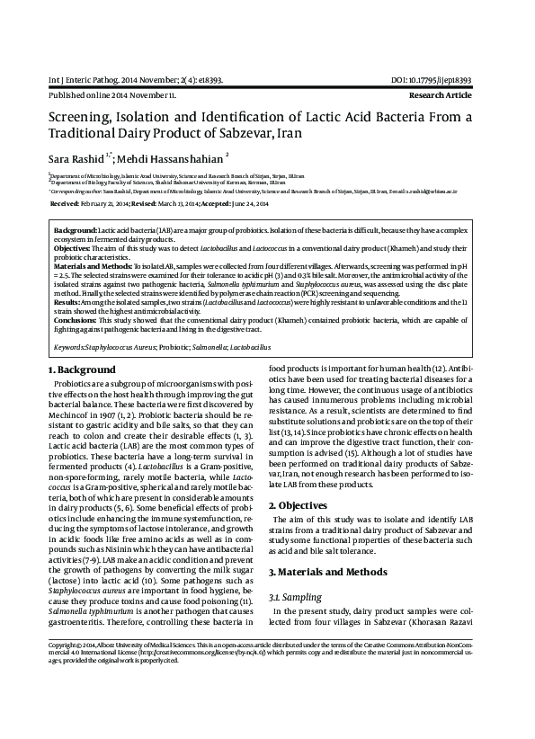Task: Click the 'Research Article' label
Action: (440, 94)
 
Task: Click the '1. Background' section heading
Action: (81, 369)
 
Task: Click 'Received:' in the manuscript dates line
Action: (67, 204)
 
